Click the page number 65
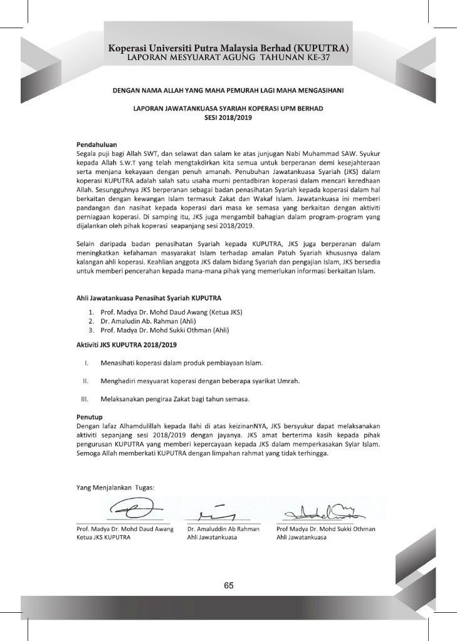coord(228,585)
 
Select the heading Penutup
coord(89,416)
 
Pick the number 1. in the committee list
coord(91,312)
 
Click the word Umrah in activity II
coord(291,381)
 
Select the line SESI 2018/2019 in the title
coord(228,117)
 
